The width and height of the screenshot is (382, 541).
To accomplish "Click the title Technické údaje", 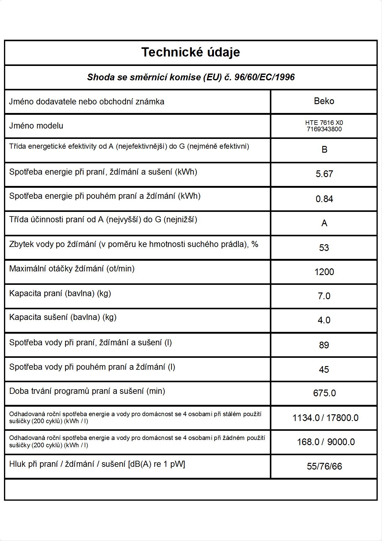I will [190, 52].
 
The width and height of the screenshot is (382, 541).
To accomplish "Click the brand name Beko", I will [324, 101].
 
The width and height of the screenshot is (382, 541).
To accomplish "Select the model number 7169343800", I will [324, 129].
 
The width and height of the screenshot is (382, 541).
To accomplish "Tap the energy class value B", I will [324, 150].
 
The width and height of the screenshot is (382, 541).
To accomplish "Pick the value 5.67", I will [324, 174].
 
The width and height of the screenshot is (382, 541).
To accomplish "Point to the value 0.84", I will [324, 199].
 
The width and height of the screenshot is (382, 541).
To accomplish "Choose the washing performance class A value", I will [324, 223].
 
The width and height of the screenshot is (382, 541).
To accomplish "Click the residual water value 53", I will [324, 248].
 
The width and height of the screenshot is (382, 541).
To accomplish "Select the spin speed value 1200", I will [324, 272].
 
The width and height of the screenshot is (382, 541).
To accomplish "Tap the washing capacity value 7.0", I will [324, 296].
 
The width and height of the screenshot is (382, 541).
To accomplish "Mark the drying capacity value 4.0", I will [324, 320].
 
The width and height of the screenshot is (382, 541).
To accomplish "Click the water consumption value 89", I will [324, 345].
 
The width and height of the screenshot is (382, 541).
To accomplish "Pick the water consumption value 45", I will [324, 370].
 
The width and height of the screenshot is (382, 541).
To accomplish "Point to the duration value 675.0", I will [324, 393].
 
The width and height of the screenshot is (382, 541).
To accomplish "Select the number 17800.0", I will [342, 418].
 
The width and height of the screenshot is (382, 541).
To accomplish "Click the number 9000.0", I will [341, 442].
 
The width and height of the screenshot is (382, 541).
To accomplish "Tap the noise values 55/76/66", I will [324, 467].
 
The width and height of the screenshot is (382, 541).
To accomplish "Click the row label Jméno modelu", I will [36, 126].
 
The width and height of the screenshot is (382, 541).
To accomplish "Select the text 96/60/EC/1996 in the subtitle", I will [264, 77].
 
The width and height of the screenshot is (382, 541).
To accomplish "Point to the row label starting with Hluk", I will [97, 464].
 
